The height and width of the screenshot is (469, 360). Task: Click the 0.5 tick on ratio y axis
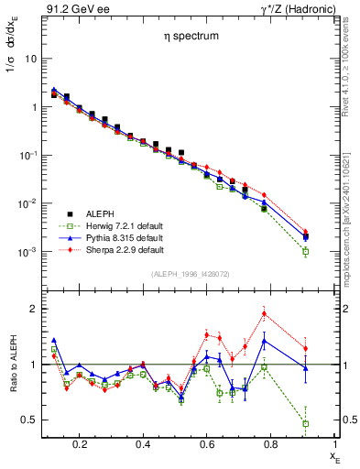pyautogui.click(x=28, y=420)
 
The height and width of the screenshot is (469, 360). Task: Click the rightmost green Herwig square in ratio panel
pyautogui.click(x=306, y=423)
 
